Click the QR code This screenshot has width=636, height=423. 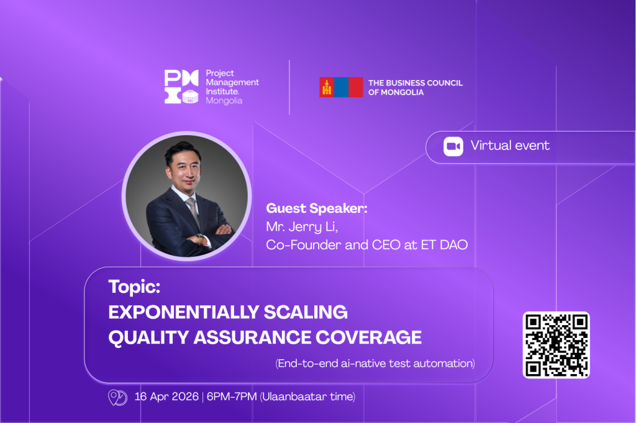556,345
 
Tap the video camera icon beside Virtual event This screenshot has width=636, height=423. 453,146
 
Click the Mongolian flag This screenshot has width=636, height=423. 341,87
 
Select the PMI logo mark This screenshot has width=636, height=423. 181,86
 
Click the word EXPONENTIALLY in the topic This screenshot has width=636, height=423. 184,312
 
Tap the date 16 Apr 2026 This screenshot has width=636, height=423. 166,396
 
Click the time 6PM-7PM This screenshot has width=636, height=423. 232,396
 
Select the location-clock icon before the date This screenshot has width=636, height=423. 117,397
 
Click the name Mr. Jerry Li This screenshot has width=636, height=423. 302,227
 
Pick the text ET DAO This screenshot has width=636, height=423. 444,245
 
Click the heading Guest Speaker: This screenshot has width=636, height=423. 316,208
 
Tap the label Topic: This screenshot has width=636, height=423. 134,287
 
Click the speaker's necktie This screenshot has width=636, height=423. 193,210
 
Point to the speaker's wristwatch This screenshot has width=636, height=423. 200,239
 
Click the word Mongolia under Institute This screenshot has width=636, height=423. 224,100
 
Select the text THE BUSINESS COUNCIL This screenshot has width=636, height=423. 416,82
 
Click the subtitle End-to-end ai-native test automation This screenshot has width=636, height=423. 375,363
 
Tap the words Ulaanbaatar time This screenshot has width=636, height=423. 307,396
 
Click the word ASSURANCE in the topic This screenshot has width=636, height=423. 251,337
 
